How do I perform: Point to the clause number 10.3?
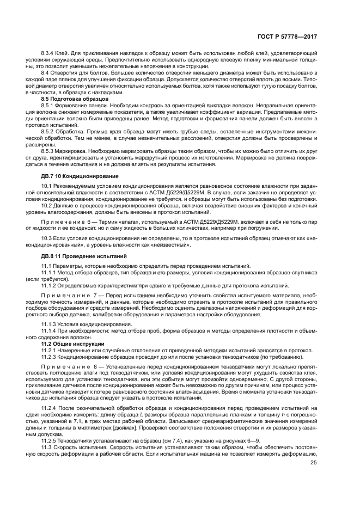coord(46,240)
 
